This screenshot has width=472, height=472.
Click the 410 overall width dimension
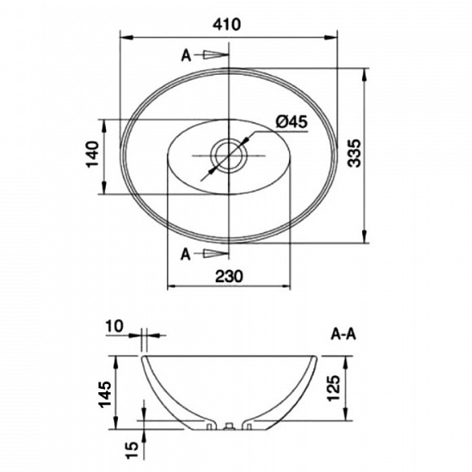pos(227,24)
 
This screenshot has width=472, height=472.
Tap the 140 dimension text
pos(93,154)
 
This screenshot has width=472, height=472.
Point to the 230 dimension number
pos(229,276)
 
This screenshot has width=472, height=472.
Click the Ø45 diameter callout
pos(291,122)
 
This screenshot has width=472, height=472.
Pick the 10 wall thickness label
pos(115,326)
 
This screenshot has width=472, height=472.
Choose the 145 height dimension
pos(105,395)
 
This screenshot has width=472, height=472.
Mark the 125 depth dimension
pos(334,388)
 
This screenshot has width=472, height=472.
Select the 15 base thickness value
pos(132,450)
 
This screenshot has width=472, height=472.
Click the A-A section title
pos(343,334)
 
